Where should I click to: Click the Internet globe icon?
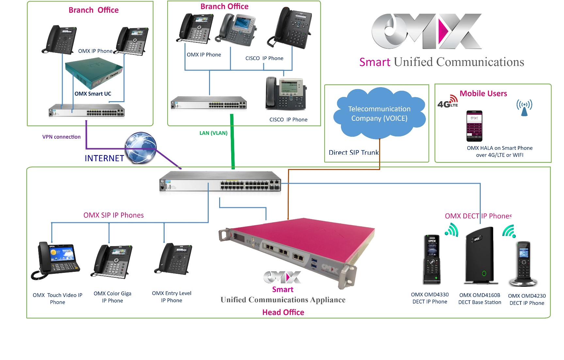[x=141, y=148]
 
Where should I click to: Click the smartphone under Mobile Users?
[x=474, y=126]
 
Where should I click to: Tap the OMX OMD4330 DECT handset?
[x=432, y=259]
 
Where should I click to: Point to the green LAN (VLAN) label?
[x=213, y=133]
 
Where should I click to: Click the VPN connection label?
[x=61, y=137]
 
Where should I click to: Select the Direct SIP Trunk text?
[x=353, y=152]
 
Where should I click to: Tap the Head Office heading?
[x=283, y=312]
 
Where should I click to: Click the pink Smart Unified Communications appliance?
[x=297, y=248]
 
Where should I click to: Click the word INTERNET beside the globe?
[x=104, y=158]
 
